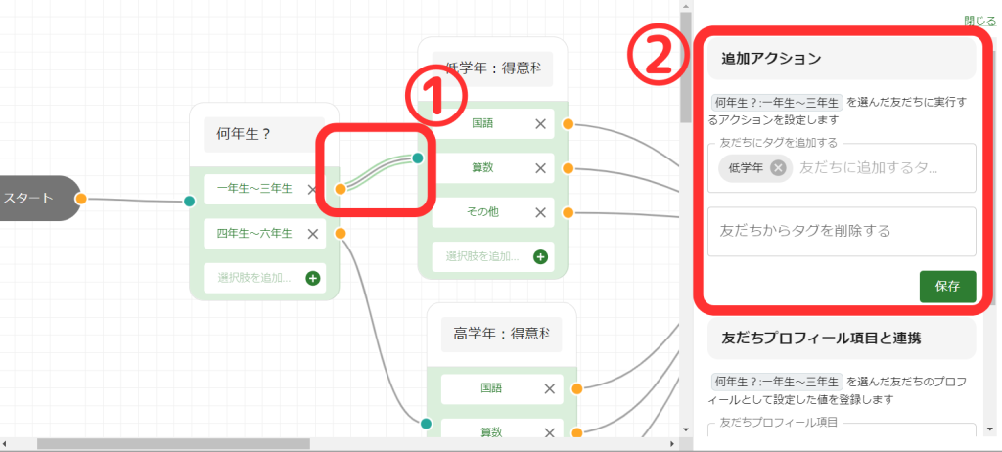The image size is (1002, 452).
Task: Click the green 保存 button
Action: (x=947, y=287)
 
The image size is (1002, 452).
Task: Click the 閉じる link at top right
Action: (x=979, y=20)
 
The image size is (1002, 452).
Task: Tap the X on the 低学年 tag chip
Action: (x=778, y=167)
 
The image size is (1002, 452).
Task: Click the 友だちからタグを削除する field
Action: (x=842, y=232)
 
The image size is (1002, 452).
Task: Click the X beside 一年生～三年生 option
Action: (x=313, y=189)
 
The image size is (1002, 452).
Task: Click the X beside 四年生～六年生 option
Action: (x=313, y=233)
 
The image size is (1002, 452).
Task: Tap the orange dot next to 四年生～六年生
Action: (x=340, y=233)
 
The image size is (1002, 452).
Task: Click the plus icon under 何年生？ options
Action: (x=313, y=278)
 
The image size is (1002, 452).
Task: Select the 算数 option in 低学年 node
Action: (x=482, y=167)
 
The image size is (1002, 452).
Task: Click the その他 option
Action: (x=482, y=211)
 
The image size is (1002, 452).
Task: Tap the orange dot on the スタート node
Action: (x=81, y=199)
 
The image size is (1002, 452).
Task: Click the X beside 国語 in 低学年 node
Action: (x=540, y=123)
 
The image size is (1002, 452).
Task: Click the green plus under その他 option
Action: (x=540, y=257)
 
